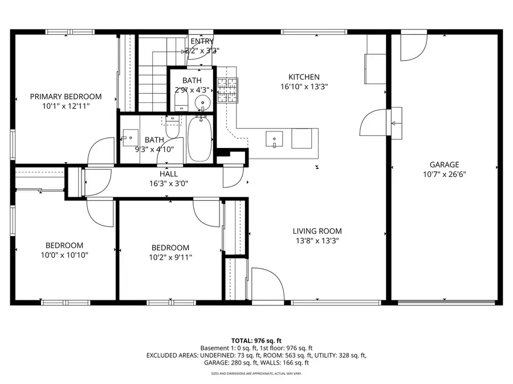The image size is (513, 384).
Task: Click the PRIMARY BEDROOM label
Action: (66, 96)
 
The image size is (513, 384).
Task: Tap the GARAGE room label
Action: (445, 165)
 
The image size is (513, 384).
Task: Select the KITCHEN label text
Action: (304, 77)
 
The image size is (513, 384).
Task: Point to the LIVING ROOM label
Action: (317, 231)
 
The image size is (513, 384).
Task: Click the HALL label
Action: (168, 174)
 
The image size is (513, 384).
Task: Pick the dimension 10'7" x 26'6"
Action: (445, 175)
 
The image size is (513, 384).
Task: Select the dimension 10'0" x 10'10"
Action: (64, 255)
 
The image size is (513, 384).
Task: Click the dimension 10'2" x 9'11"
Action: (170, 257)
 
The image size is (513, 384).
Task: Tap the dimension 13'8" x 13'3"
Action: (317, 241)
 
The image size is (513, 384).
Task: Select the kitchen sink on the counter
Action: (275, 138)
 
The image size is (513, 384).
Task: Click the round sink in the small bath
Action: (203, 103)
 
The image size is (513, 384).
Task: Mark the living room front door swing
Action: (267, 284)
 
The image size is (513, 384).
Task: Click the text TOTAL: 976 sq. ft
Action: (256, 340)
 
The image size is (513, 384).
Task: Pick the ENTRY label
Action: (202, 41)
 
